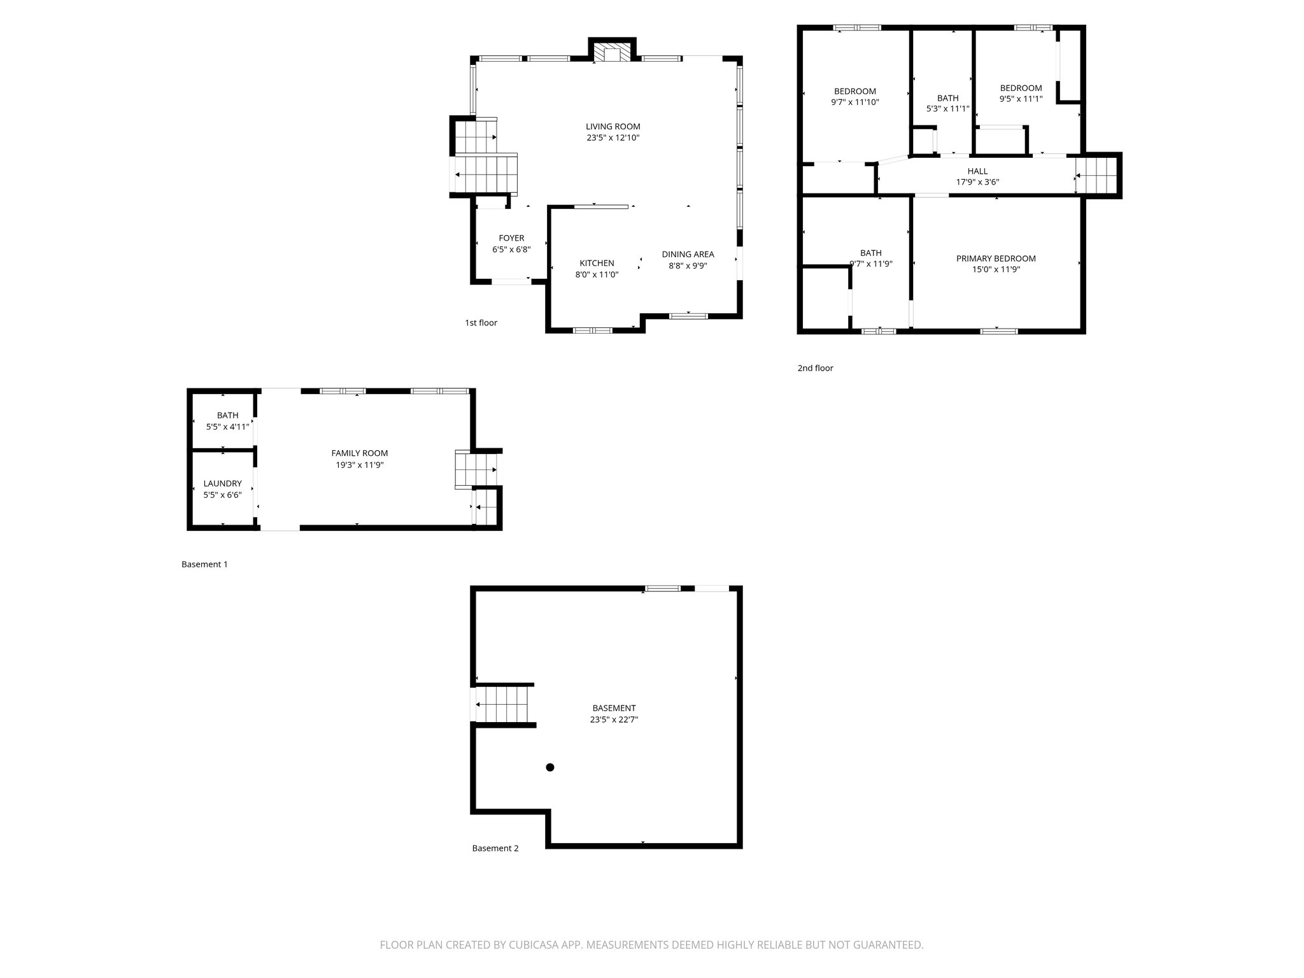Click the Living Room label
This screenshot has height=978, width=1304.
click(x=613, y=127)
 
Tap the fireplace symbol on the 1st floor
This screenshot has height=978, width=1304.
click(x=612, y=53)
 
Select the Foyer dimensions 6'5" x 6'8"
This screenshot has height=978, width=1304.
click(x=511, y=250)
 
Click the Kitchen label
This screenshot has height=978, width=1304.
click(x=597, y=263)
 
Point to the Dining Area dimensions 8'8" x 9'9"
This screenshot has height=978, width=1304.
click(x=688, y=266)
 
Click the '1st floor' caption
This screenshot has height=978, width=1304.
click(x=481, y=323)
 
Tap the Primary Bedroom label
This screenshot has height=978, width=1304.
click(x=996, y=259)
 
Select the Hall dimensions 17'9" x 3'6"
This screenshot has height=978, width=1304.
click(x=977, y=182)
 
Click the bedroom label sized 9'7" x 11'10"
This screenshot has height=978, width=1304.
click(x=854, y=91)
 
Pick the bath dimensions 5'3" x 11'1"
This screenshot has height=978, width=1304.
click(x=947, y=109)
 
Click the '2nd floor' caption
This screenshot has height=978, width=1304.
click(x=815, y=368)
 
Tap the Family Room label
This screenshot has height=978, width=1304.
click(x=359, y=453)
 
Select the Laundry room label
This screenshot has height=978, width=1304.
click(x=222, y=483)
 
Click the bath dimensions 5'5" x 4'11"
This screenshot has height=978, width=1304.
click(x=227, y=427)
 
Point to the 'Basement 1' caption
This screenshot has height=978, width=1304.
click(x=204, y=564)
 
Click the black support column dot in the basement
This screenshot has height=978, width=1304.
click(x=550, y=767)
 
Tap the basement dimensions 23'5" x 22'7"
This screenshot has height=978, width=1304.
click(x=614, y=719)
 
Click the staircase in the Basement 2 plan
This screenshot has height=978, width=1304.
click(x=503, y=704)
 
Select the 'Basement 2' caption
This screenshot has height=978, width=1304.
click(x=495, y=848)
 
